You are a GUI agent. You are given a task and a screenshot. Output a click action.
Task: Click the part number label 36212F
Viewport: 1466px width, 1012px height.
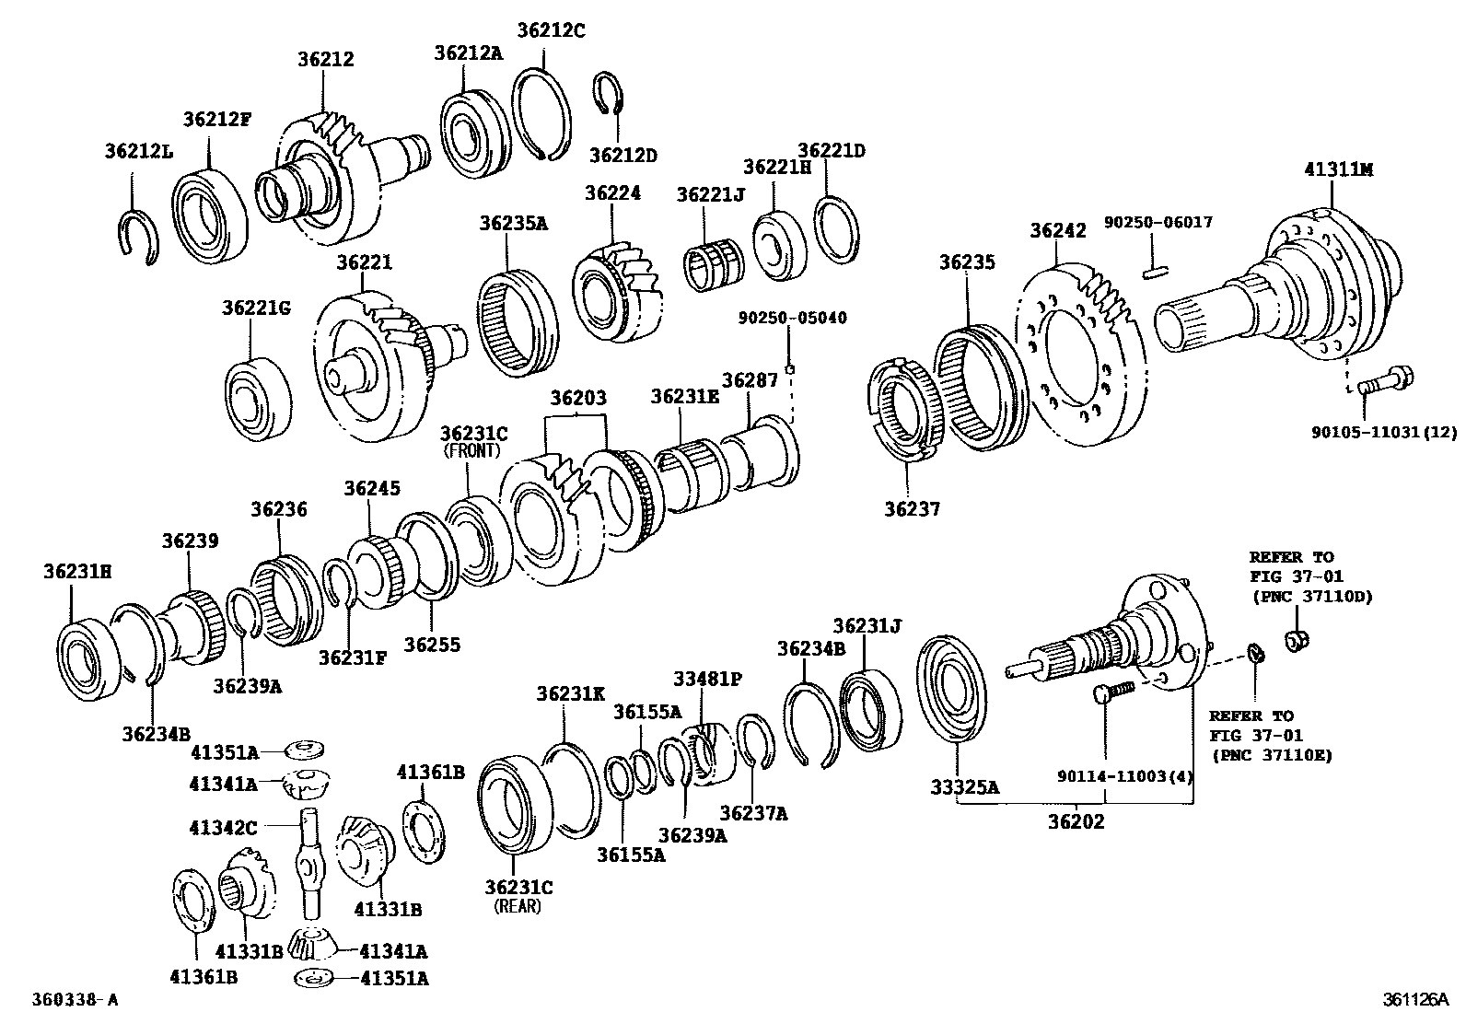[216, 119]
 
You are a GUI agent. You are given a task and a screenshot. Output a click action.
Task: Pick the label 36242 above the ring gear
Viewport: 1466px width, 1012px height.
[1057, 230]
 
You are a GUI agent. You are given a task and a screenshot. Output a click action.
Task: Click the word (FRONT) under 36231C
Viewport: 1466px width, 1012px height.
[471, 451]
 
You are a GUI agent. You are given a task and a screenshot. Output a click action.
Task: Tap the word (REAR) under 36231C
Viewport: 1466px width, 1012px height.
[518, 906]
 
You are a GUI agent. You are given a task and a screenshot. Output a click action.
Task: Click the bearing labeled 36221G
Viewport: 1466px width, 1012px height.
[257, 389]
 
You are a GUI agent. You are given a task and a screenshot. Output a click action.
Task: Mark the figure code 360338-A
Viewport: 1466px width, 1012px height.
[75, 999]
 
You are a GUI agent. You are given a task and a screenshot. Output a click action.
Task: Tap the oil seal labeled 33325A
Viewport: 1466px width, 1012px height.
[952, 686]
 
